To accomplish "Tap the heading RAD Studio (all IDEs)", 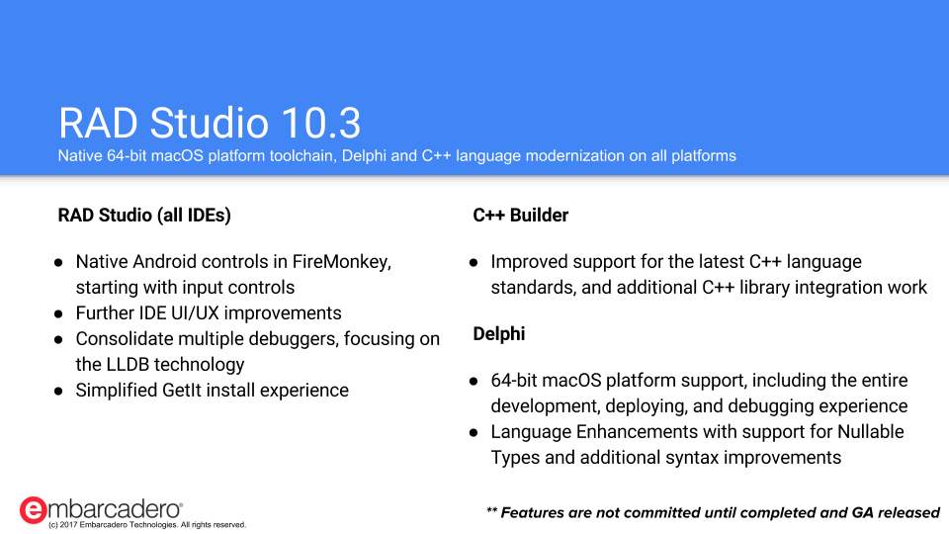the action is (144, 215).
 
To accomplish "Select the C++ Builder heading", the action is (521, 215).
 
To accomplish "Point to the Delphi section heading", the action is (498, 333).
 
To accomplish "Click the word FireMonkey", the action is (342, 262).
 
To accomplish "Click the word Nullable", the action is (870, 432).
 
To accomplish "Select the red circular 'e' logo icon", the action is (33, 510).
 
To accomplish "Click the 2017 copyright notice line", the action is (147, 525).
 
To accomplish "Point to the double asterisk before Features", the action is (491, 511).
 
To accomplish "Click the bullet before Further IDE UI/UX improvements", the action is (58, 313).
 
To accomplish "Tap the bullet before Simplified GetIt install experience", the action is (58, 392).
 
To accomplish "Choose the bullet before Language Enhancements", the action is (474, 432).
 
